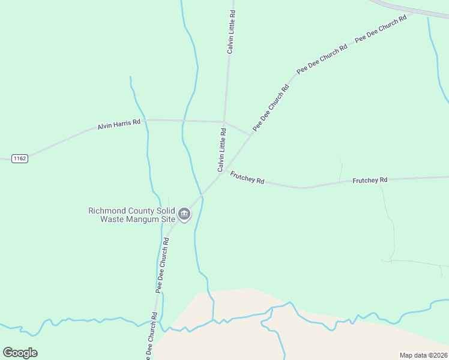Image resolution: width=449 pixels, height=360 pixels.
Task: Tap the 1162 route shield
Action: point(20,158)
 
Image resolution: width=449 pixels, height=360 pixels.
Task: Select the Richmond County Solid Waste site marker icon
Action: point(184,214)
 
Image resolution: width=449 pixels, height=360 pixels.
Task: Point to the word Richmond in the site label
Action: point(107,211)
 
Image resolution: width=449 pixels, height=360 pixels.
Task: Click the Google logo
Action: point(20,353)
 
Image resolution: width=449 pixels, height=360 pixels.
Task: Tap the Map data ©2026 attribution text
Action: point(423,355)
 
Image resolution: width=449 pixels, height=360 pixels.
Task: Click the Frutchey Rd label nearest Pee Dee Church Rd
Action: point(247,178)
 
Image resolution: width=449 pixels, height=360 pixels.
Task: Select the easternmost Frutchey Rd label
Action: point(370,180)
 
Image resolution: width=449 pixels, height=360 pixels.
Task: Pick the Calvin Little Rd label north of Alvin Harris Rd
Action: point(231,31)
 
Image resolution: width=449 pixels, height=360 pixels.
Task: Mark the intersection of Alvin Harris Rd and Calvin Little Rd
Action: point(224,121)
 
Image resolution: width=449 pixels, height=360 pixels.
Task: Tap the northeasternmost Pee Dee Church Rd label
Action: point(381,28)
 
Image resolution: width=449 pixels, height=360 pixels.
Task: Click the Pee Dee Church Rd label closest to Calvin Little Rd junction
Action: point(271,107)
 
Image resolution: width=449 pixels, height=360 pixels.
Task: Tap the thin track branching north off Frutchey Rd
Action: point(340,169)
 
